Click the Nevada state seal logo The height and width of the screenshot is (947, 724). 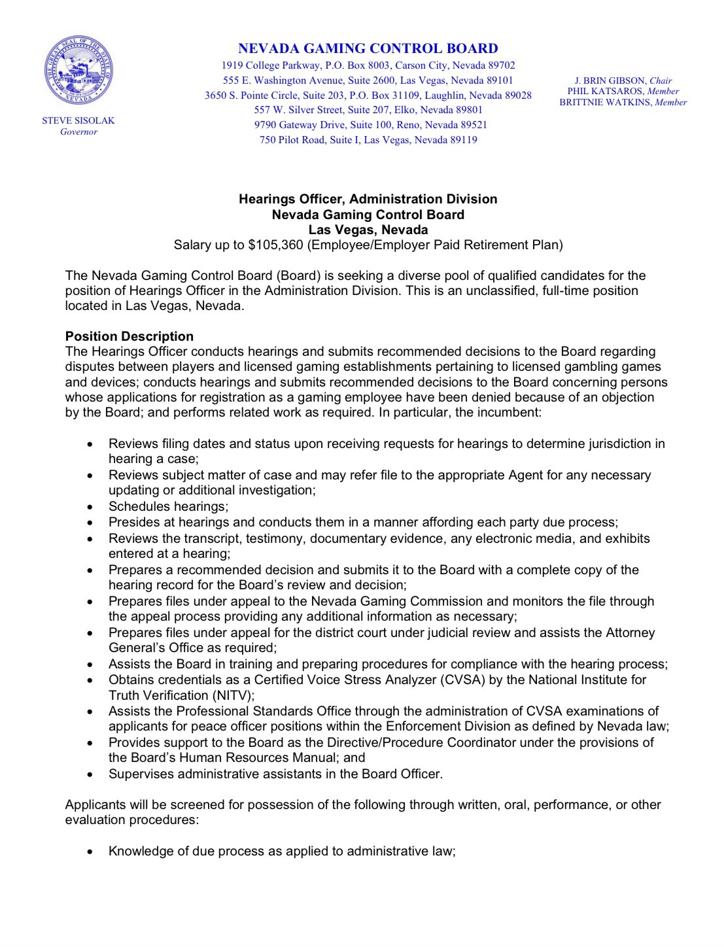click(78, 71)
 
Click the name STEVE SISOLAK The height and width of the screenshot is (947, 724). click(78, 121)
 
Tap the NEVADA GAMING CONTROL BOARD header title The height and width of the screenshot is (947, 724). click(368, 48)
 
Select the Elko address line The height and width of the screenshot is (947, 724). click(368, 110)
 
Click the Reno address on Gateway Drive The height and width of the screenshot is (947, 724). click(370, 125)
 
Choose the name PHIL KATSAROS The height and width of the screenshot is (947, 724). click(606, 92)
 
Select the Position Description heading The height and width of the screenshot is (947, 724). click(129, 336)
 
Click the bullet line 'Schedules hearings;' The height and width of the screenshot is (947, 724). click(168, 507)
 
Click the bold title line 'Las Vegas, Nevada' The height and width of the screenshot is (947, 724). click(368, 230)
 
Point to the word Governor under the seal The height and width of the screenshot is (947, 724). click(78, 132)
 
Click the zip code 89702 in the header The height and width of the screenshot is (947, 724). click(501, 65)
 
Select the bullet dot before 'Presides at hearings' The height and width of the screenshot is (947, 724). click(90, 523)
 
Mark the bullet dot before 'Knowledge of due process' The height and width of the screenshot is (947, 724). click(90, 852)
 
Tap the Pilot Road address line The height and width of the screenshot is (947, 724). click(368, 140)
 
